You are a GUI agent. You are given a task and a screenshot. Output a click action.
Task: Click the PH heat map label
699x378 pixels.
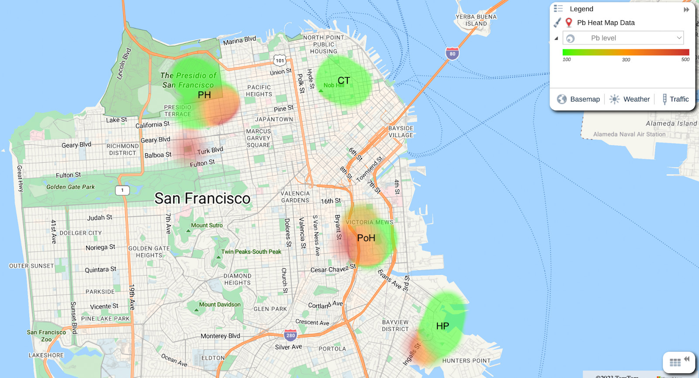click(204, 95)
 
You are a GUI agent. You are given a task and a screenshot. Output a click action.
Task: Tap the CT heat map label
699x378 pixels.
click(343, 80)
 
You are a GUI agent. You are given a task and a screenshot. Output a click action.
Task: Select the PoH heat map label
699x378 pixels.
click(366, 238)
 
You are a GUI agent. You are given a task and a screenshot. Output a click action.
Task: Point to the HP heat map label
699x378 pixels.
click(442, 326)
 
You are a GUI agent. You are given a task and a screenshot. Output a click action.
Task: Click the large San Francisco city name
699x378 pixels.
click(202, 199)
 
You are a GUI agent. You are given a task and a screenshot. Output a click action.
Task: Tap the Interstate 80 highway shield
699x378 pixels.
click(452, 54)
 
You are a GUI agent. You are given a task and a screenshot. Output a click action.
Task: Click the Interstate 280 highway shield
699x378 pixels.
click(291, 335)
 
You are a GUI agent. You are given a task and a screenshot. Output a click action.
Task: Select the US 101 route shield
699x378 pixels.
click(280, 61)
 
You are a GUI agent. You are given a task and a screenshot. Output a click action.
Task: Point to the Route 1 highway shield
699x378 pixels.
click(122, 190)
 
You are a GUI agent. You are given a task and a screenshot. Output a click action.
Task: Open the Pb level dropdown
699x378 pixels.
click(623, 38)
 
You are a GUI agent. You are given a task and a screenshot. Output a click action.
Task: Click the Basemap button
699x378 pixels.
click(578, 99)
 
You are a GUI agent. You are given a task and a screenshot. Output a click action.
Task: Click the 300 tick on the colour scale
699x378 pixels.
click(626, 60)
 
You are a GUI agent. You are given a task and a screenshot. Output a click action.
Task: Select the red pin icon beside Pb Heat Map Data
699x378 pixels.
click(569, 23)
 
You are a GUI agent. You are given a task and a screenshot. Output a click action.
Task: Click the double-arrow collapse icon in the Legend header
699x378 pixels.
click(686, 9)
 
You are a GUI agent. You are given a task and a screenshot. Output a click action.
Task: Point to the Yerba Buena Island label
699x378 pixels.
click(476, 20)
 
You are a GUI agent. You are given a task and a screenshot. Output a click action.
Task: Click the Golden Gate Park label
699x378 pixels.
click(70, 187)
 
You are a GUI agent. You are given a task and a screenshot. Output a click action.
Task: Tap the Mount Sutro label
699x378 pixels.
click(207, 225)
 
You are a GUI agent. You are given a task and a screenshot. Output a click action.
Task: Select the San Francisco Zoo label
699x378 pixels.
click(46, 336)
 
